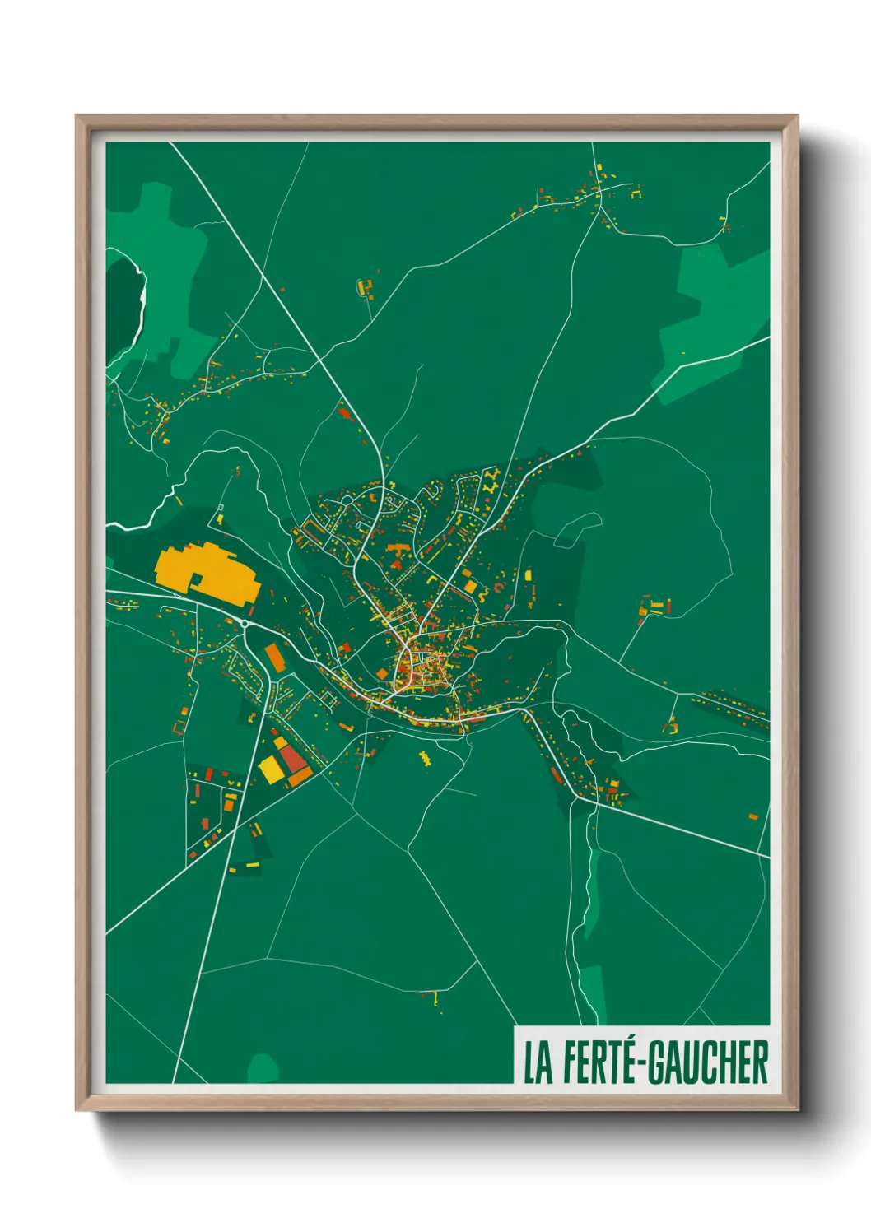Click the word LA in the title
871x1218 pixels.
tap(538, 1062)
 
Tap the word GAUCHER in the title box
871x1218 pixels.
tap(707, 1062)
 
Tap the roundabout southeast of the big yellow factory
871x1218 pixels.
tap(245, 623)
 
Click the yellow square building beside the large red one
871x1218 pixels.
tap(270, 769)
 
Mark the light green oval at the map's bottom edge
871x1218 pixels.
tap(263, 1068)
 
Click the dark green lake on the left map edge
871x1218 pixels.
tap(123, 304)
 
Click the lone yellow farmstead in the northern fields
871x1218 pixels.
tap(364, 287)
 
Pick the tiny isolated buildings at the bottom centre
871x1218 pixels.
tap(434, 1000)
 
